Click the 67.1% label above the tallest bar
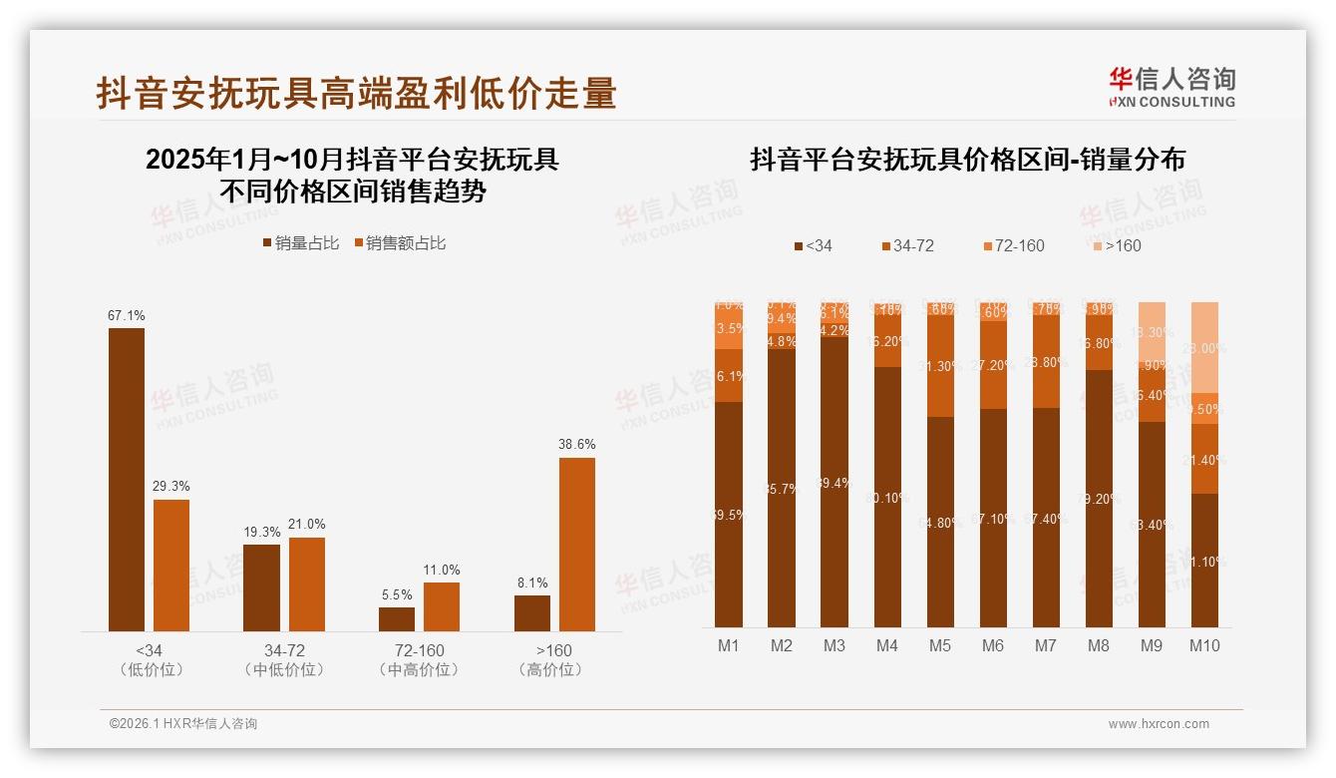pos(127,315)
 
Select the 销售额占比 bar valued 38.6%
pos(576,544)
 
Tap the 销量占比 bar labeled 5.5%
pos(397,618)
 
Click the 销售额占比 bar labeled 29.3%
pos(171,565)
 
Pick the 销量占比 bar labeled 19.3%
pos(262,587)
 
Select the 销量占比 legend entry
pos(300,243)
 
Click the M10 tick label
pos(1204,645)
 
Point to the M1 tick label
pos(729,645)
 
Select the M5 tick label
pos(940,645)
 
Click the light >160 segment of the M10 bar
pos(1204,346)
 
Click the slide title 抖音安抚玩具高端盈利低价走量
pos(357,93)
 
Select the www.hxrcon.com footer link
pos(1159,724)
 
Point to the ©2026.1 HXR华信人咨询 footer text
pos(183,724)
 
